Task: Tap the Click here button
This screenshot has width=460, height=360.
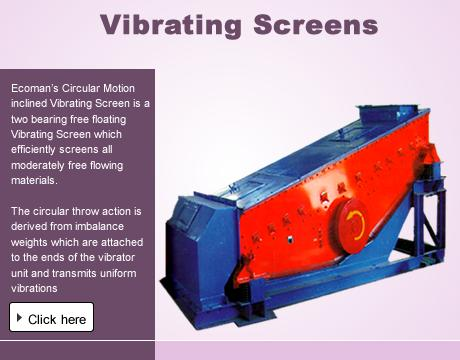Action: click(51, 318)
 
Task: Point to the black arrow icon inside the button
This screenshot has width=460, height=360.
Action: click(20, 317)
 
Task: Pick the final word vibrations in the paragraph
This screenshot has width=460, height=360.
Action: click(37, 288)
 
